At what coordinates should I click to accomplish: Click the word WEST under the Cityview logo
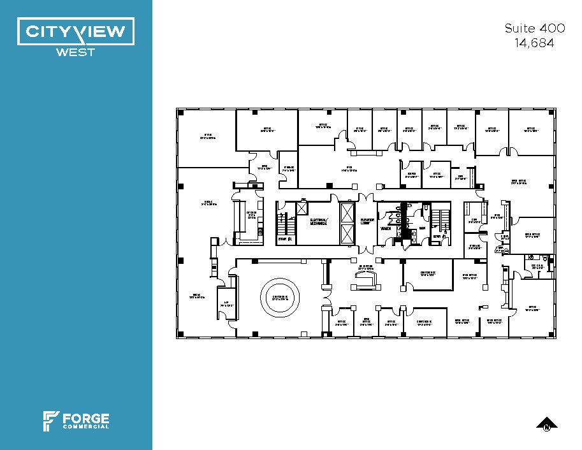(76, 52)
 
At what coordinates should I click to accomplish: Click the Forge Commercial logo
(76, 421)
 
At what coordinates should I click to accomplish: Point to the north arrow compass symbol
(546, 424)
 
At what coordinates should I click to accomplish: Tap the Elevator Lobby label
(366, 222)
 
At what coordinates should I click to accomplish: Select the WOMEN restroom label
(386, 228)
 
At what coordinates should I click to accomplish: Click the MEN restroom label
(422, 228)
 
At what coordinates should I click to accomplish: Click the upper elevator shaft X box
(348, 212)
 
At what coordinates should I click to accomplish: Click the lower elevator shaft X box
(348, 234)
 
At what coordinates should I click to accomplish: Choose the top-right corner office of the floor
(532, 132)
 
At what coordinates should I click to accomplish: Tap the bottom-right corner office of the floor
(532, 312)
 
